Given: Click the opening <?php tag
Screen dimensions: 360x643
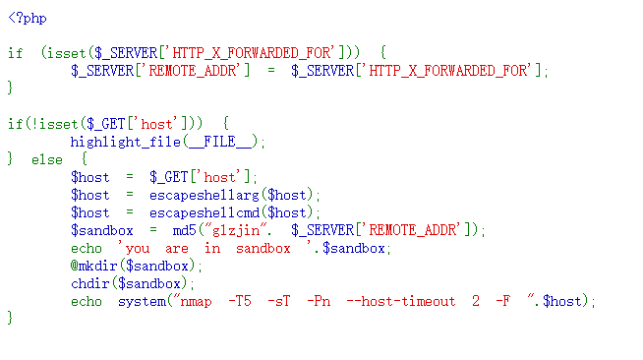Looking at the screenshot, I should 28,18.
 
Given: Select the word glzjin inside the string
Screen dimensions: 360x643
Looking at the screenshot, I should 244,230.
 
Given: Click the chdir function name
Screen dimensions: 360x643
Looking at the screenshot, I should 90,283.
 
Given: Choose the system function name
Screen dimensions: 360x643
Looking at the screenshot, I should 142,301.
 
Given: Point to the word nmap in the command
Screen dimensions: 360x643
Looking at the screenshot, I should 197,301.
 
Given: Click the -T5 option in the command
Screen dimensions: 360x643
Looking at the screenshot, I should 240,301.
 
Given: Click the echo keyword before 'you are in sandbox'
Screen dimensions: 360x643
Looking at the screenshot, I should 87,248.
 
